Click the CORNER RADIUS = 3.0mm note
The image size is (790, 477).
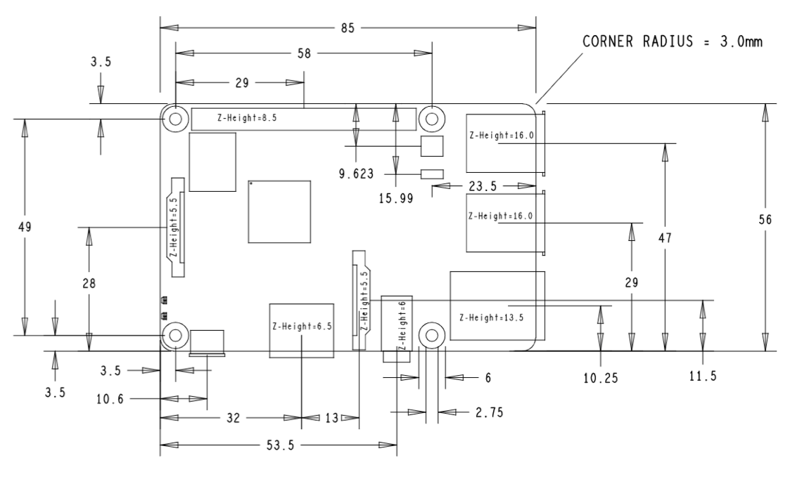pyautogui.click(x=672, y=41)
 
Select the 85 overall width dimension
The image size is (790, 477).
pyautogui.click(x=348, y=28)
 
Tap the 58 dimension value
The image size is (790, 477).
pyautogui.click(x=305, y=53)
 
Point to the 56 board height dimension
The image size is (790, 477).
pyautogui.click(x=765, y=220)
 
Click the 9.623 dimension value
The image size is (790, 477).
pyautogui.click(x=356, y=174)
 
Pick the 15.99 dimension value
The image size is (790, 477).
pyautogui.click(x=396, y=198)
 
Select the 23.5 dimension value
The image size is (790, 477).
pyautogui.click(x=483, y=186)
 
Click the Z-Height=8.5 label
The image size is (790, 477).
pyautogui.click(x=247, y=118)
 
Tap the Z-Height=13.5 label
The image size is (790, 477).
pyautogui.click(x=491, y=318)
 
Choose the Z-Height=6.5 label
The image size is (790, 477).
pyautogui.click(x=302, y=326)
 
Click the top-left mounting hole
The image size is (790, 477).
pyautogui.click(x=175, y=119)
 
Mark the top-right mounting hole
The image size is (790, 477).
pyautogui.click(x=432, y=119)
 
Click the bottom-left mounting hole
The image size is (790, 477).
pyautogui.click(x=175, y=334)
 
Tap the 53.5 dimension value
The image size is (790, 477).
pyautogui.click(x=280, y=445)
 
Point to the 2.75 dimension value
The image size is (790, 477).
pyautogui.click(x=489, y=412)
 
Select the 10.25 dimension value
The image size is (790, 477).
pyautogui.click(x=601, y=378)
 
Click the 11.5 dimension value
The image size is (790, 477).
pyautogui.click(x=703, y=375)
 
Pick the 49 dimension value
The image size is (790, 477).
pyautogui.click(x=25, y=228)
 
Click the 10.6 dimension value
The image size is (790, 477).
pyautogui.click(x=110, y=400)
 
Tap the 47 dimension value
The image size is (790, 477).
pyautogui.click(x=665, y=238)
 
